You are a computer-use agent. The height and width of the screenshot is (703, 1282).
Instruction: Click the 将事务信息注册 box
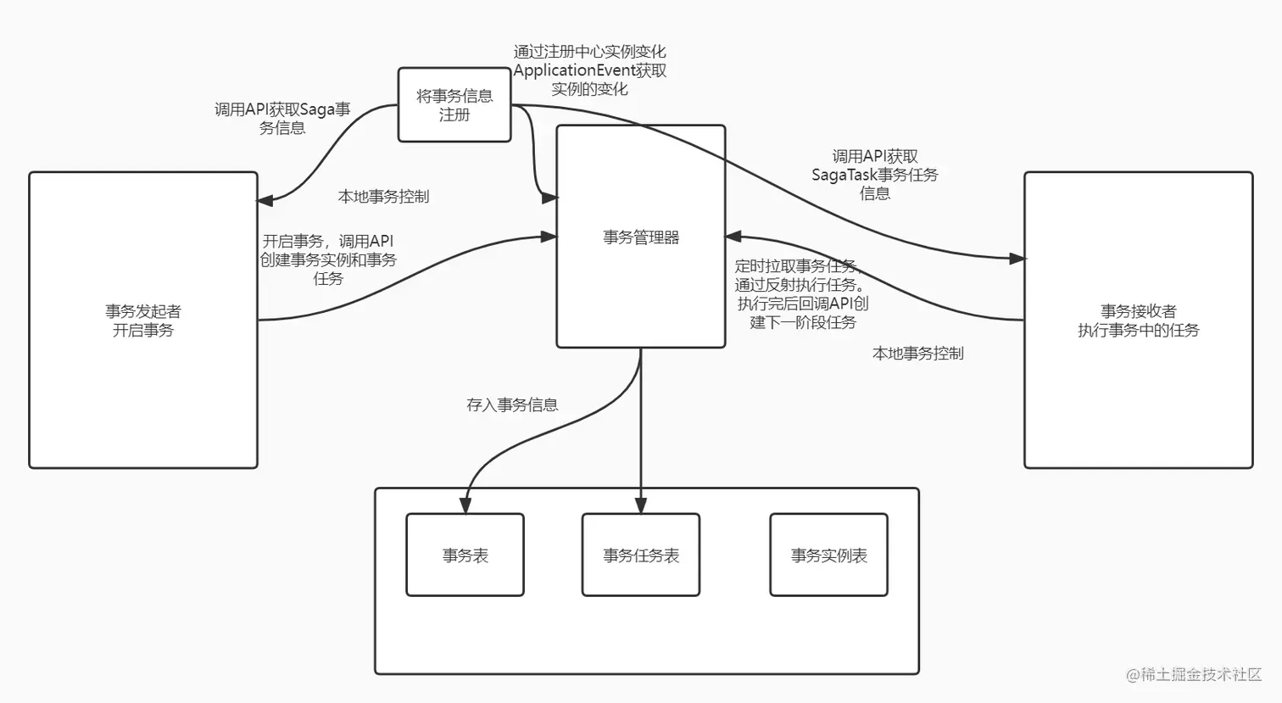tap(454, 105)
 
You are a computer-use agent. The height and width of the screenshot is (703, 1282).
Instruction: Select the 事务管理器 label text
tap(641, 237)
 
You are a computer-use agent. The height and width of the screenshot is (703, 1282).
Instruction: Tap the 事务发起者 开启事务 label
tap(143, 321)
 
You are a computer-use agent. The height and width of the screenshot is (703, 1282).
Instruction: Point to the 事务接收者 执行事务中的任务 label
tap(1138, 321)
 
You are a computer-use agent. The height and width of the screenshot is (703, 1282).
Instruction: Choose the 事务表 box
tap(465, 555)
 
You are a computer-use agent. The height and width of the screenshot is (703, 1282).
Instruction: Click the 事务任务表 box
tap(641, 555)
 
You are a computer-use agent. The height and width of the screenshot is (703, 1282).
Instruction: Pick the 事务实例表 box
tap(828, 555)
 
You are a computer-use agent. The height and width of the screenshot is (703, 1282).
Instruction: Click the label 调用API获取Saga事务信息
tap(282, 119)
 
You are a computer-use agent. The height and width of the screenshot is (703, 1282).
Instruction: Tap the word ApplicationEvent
tap(574, 70)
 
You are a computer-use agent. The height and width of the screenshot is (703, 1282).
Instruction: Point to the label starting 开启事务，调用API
tap(328, 259)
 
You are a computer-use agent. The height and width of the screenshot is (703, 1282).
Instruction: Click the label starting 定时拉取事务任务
tap(801, 293)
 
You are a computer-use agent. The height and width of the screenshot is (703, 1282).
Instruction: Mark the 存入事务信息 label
tap(512, 405)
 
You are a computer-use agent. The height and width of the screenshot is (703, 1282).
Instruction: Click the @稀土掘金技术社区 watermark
tap(1194, 674)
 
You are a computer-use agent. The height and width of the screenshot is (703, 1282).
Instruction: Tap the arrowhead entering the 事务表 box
tap(465, 505)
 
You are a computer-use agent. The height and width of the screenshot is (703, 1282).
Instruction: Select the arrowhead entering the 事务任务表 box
tap(641, 505)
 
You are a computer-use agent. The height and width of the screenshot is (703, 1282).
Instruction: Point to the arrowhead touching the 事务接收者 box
tap(1017, 258)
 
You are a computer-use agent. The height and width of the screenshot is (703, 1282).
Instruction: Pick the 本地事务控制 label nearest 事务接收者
tap(917, 354)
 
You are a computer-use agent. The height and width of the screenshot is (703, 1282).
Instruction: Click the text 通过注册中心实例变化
tap(589, 52)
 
